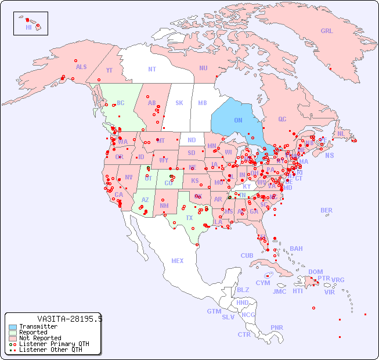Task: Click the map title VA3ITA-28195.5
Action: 70,319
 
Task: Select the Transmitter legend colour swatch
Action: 13,326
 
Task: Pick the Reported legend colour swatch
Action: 13,332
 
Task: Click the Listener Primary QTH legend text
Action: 54,344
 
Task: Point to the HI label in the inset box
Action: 28,27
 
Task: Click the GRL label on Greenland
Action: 327,31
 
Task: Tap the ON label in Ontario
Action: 238,120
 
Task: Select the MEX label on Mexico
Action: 177,261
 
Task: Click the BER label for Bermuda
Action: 326,210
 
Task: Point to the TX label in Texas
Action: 189,218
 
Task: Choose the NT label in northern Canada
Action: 151,69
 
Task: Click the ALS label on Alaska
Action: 81,67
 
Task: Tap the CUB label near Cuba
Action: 247,255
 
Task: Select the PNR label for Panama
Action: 277,327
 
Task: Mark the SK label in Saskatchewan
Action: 179,103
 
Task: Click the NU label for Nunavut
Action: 203,68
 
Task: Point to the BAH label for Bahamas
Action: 296,249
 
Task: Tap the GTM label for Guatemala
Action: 214,311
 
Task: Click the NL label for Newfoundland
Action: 341,133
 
